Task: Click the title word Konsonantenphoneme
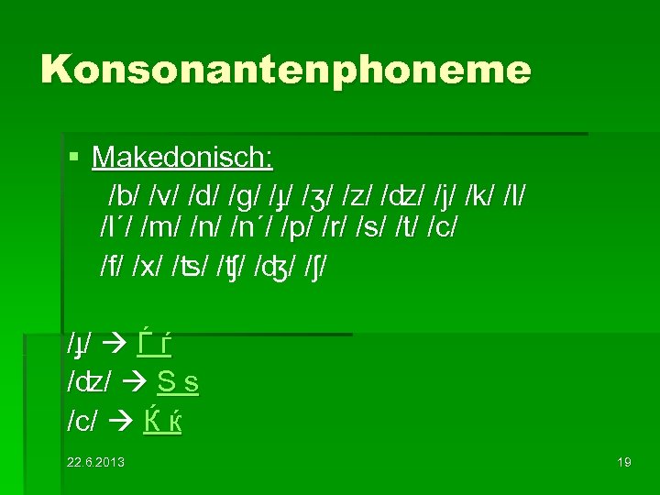285,69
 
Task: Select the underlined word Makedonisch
182,159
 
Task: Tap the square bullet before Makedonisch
74,159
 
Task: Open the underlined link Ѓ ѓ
155,345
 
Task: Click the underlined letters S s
178,381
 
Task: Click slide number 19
624,461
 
